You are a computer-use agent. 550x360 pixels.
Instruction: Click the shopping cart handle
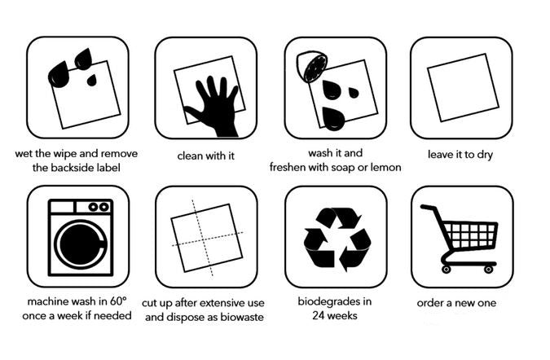pos(425,207)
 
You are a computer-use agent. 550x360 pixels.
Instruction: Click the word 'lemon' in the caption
pos(385,168)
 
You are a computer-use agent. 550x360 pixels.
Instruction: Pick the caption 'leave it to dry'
pos(460,153)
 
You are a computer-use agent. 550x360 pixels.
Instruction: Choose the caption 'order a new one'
pos(456,303)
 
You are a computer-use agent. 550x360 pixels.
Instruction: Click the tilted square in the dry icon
pos(461,87)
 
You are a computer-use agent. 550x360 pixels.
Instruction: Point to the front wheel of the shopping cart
pos(447,268)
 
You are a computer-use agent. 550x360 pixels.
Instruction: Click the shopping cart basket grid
pos(472,235)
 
